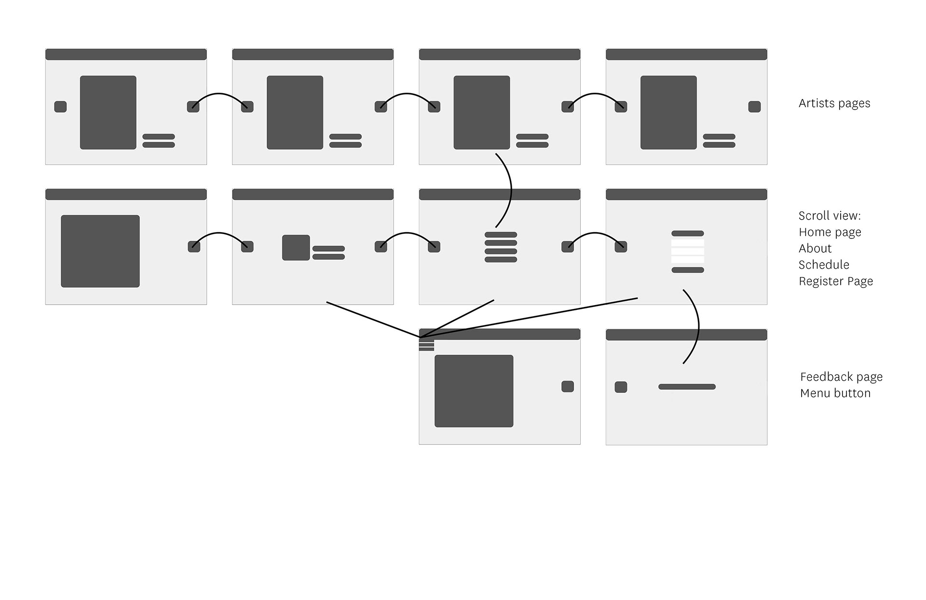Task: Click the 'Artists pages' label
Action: tap(834, 103)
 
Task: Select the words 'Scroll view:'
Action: tap(829, 216)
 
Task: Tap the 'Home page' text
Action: tap(830, 232)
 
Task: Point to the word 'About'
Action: tap(815, 249)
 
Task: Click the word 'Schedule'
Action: tap(823, 265)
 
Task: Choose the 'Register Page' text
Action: tap(835, 281)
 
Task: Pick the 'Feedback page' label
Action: tap(841, 377)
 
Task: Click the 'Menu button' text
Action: tap(835, 393)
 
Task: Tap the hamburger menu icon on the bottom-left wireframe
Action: tap(426, 345)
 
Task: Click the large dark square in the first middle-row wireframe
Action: tap(100, 251)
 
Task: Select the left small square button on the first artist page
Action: tap(60, 107)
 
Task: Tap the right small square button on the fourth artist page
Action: tap(754, 107)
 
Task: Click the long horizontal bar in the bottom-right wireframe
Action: tap(687, 387)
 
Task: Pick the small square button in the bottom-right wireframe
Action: tap(621, 387)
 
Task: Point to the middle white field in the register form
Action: tap(687, 251)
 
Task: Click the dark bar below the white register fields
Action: tap(687, 270)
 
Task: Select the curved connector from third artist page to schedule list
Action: tap(510, 189)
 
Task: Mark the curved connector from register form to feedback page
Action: tap(698, 326)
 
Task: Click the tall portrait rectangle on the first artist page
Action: tap(108, 112)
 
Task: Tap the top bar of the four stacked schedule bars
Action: tap(501, 235)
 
